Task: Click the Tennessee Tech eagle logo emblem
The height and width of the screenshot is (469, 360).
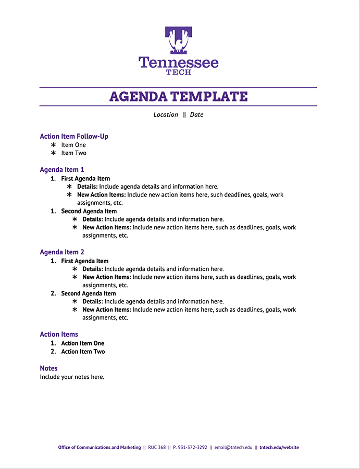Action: click(x=179, y=40)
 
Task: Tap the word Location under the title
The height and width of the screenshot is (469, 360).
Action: click(x=166, y=115)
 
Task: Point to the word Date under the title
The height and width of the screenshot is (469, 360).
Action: click(x=196, y=115)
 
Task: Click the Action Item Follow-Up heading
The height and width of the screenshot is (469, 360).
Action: click(x=74, y=137)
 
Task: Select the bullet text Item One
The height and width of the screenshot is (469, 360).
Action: click(x=73, y=145)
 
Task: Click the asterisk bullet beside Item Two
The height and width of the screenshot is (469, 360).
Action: click(x=53, y=153)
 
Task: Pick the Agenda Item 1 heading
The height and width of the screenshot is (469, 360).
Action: click(x=62, y=170)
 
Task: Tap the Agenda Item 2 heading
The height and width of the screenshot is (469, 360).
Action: click(x=62, y=252)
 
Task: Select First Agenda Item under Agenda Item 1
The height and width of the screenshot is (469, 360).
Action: click(x=85, y=179)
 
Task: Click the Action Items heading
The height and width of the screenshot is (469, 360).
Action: click(x=59, y=335)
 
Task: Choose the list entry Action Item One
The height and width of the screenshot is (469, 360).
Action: click(x=82, y=343)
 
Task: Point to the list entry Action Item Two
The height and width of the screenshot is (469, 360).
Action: click(x=83, y=352)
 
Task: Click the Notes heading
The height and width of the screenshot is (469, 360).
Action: click(x=48, y=368)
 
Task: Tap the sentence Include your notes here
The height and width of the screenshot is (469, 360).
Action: click(x=72, y=377)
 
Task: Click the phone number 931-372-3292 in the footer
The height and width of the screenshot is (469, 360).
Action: click(x=192, y=447)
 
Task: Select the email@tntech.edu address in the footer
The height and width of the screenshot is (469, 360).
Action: click(x=233, y=447)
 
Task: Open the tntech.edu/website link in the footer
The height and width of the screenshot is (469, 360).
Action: click(x=279, y=447)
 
